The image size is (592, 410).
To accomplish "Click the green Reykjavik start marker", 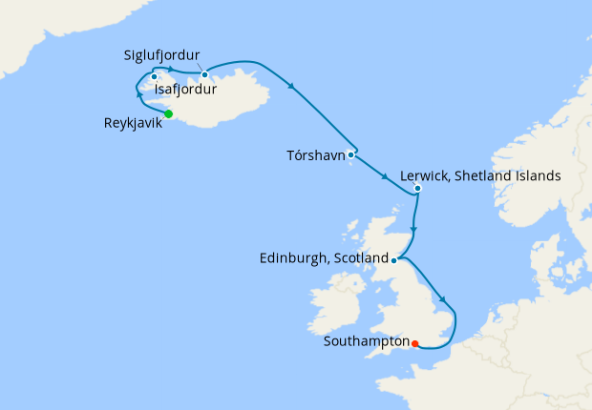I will coord(169,114).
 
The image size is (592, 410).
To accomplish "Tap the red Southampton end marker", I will coord(414,343).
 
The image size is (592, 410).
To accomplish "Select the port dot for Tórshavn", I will coord(351,154).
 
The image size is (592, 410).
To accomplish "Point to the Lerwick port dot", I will coord(417,188).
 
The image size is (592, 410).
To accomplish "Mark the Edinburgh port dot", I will coord(393,259).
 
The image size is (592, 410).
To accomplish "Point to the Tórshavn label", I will coord(315,154).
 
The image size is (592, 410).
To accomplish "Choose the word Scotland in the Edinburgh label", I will coord(360,258).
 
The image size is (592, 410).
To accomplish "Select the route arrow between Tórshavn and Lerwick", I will coord(384,176).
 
